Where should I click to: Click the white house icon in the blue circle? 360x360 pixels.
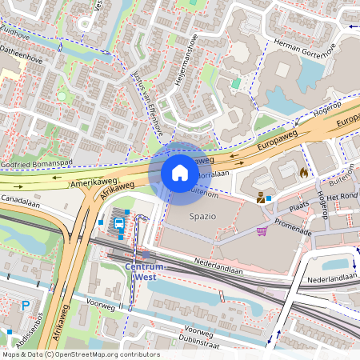[180, 173]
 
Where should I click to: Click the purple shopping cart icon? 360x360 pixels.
[262, 231]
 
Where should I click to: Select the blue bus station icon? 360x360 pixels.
[119, 224]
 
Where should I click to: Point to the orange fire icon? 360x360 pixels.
[303, 172]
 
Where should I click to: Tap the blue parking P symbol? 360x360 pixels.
[26, 305]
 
